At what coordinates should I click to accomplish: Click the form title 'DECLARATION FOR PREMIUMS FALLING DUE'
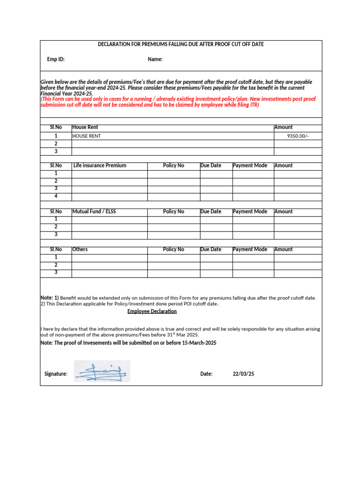tap(180, 44)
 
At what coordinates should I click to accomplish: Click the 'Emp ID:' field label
tap(56, 60)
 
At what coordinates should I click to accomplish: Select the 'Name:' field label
tap(155, 60)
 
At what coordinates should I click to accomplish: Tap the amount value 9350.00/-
tap(298, 136)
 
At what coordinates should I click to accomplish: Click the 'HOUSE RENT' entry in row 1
tap(86, 136)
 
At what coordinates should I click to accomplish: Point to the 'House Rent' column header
tap(85, 127)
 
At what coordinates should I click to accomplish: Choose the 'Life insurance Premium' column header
tap(100, 165)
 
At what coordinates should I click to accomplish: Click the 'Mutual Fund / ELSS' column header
tap(94, 212)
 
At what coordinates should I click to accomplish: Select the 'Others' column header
tap(80, 249)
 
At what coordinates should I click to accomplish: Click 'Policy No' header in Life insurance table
tap(173, 165)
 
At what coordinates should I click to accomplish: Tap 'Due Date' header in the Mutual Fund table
tap(210, 212)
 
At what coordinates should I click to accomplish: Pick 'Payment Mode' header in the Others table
tap(250, 249)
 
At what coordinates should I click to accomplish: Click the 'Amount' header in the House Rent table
tap(283, 127)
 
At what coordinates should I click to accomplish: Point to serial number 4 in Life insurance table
tap(56, 196)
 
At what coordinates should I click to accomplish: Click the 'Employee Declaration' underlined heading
tap(152, 311)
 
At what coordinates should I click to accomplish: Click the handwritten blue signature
tap(102, 372)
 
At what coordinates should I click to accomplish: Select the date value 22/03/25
tap(243, 374)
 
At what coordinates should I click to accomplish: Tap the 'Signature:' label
tap(56, 374)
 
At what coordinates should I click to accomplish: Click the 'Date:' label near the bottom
tap(206, 374)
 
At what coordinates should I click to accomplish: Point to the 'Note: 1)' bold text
tap(50, 298)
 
